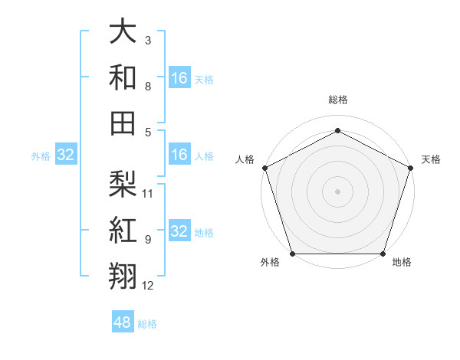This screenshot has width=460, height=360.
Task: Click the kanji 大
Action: (123, 33)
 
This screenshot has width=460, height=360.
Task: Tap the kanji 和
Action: (123, 77)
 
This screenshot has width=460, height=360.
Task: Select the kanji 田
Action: (123, 122)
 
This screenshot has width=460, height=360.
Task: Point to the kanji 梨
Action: (123, 183)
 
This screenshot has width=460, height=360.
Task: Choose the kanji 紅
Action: (123, 229)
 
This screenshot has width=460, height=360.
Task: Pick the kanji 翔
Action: (123, 275)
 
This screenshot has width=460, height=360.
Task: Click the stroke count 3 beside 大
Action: (148, 39)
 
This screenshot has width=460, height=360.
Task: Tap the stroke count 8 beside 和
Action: (148, 87)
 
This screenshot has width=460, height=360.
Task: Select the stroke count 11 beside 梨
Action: (148, 193)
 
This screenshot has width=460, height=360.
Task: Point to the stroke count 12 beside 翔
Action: (148, 286)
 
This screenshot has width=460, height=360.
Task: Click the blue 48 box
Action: (123, 322)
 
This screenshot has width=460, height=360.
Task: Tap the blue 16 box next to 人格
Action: (179, 155)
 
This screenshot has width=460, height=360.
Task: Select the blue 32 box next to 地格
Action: (179, 231)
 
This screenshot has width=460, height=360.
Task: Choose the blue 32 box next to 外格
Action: (66, 155)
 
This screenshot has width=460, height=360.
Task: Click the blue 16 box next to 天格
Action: (179, 78)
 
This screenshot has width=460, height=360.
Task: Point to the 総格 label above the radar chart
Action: (338, 100)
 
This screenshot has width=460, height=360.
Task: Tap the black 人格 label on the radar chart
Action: (245, 159)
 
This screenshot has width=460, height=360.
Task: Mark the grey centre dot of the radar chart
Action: (337, 191)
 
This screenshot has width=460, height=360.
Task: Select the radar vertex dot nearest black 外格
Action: (292, 254)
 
